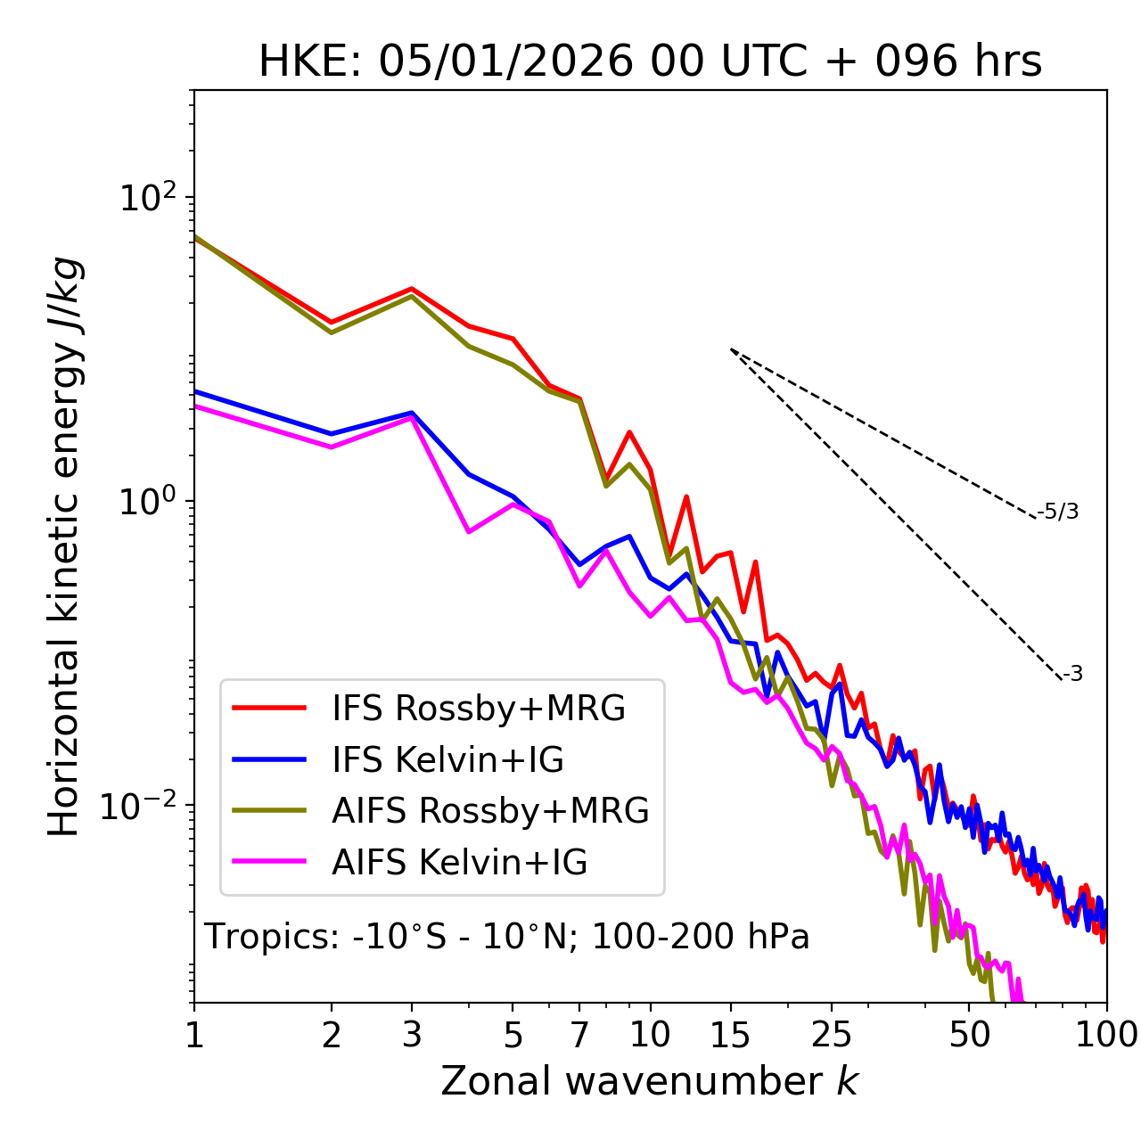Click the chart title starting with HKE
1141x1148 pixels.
[x=650, y=61]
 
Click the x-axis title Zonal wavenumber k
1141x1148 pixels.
[x=649, y=1081]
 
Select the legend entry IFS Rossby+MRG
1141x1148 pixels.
[x=479, y=709]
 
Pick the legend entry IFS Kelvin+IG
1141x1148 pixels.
[x=447, y=759]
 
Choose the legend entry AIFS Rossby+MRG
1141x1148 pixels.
[x=490, y=811]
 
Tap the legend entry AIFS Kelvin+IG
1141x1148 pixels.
[x=459, y=863]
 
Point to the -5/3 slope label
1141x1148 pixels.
[x=1058, y=512]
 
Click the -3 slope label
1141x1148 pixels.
[x=1072, y=674]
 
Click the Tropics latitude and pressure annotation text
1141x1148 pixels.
[x=506, y=937]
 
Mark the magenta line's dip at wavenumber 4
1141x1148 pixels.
[x=469, y=532]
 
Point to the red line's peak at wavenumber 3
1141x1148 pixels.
[x=412, y=289]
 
